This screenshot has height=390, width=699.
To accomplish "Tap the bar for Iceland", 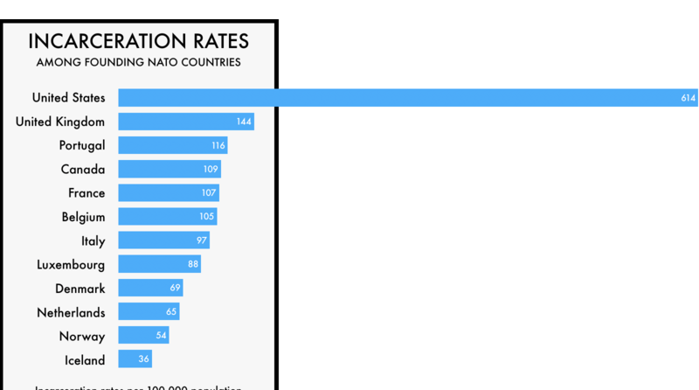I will (x=135, y=359).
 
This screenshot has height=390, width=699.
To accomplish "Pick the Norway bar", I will (x=143, y=336).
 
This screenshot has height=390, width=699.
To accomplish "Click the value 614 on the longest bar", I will (x=688, y=98).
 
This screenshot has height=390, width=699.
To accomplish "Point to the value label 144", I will (x=244, y=122).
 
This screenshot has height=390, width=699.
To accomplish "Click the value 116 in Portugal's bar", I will (x=218, y=145).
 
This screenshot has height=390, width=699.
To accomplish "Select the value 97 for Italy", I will (x=201, y=240).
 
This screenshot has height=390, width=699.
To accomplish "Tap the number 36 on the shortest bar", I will (x=144, y=359).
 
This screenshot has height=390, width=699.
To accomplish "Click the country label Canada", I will (x=83, y=169).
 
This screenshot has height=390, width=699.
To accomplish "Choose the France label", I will (x=87, y=193).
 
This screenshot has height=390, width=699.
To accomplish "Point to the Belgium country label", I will (x=83, y=217).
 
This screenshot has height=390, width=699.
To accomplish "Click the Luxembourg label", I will (x=71, y=264).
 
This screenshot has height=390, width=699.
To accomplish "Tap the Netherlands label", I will (x=71, y=312).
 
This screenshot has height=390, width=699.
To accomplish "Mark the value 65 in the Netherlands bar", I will (x=171, y=312).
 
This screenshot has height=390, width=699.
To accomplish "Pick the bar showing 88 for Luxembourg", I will (x=159, y=264).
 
